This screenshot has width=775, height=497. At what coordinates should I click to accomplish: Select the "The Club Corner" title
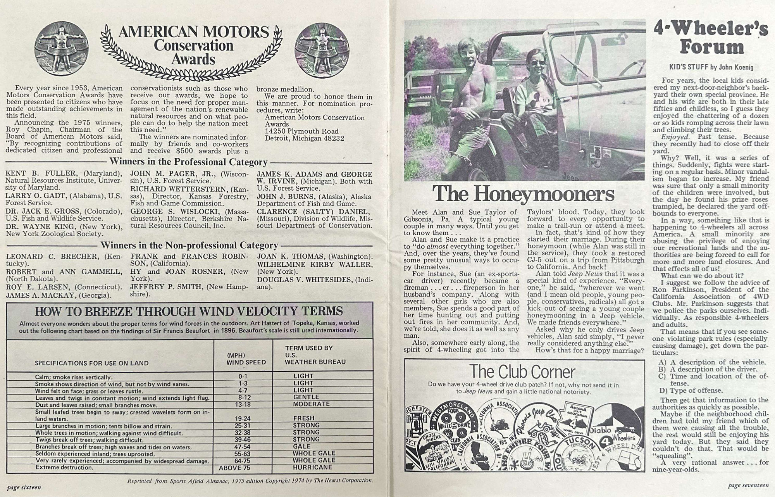(x=522, y=372)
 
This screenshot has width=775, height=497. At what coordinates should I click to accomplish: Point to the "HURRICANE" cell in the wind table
(x=312, y=467)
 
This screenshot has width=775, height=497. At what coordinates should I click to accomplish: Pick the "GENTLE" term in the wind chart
(x=306, y=397)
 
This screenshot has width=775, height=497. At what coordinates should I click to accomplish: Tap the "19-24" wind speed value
(x=243, y=418)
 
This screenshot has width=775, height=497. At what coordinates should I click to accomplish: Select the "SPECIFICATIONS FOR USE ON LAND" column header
(x=92, y=363)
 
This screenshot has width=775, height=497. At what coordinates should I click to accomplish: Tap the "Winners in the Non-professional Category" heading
(x=189, y=245)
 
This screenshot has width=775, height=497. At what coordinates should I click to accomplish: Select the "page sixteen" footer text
(x=24, y=487)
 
